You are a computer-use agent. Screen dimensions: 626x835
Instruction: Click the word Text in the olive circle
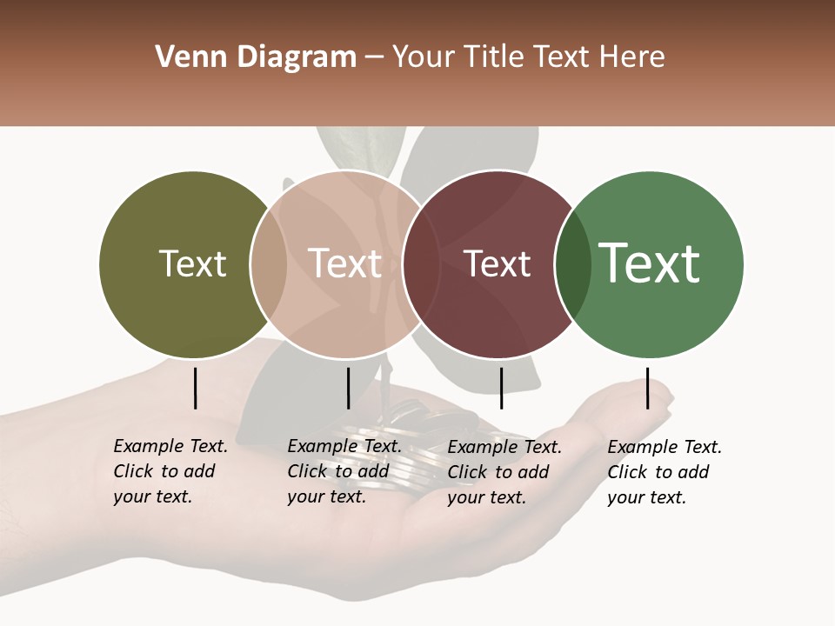[192, 263]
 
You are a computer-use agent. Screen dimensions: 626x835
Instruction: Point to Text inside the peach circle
[345, 263]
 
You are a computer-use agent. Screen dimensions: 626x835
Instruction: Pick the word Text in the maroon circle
[498, 263]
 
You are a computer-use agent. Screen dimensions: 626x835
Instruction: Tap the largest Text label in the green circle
[650, 263]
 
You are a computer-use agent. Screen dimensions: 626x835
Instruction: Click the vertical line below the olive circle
[195, 388]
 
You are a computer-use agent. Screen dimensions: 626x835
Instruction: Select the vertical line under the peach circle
[348, 388]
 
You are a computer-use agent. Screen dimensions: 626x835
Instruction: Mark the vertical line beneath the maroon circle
[501, 388]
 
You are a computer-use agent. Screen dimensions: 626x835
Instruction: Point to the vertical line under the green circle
[647, 388]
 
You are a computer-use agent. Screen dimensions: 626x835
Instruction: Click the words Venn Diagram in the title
[256, 57]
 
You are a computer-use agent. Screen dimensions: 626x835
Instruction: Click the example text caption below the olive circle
[170, 471]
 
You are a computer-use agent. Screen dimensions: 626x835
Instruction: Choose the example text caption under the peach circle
[344, 471]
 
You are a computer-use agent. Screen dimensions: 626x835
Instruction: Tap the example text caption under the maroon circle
[504, 472]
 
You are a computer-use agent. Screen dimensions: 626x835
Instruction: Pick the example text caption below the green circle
[665, 472]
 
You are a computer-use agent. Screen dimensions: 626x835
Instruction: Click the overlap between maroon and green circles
[567, 264]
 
